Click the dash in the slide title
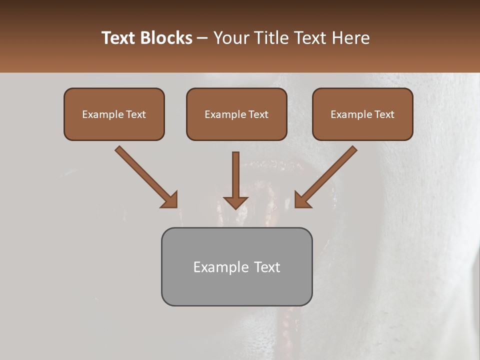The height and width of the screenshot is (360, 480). (x=202, y=38)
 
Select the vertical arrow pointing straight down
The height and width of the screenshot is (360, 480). (x=236, y=175)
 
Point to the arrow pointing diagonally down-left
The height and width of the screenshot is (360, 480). (x=327, y=175)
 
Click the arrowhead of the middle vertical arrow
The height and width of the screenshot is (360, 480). (x=236, y=202)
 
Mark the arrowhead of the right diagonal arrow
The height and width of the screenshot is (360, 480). (x=301, y=200)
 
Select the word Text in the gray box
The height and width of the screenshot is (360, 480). (x=267, y=267)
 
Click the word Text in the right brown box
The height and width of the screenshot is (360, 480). (x=384, y=114)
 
